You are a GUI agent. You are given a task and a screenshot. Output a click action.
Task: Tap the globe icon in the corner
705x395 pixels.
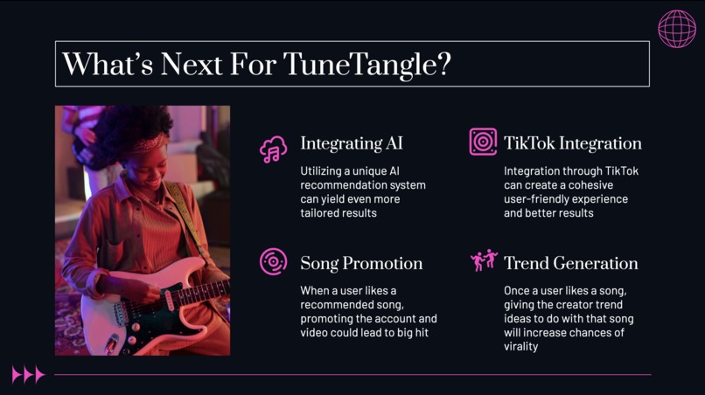tap(677, 29)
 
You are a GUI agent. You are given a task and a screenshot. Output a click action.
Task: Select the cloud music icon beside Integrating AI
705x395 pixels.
tap(274, 149)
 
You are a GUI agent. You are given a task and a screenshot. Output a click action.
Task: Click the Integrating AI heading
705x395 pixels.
tap(352, 143)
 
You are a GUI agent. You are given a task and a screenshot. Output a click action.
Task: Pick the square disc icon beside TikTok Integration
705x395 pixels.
tap(483, 142)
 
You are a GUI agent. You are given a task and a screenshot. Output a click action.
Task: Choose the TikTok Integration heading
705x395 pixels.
tap(572, 143)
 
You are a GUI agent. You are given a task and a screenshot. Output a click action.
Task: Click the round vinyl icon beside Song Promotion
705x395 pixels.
tap(274, 261)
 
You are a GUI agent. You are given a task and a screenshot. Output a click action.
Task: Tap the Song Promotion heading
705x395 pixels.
tap(361, 263)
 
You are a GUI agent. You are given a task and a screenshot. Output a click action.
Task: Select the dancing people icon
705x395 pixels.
tap(484, 260)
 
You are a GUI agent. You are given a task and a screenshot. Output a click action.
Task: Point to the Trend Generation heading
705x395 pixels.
tap(570, 263)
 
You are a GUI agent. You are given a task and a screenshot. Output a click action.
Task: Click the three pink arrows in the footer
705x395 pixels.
tap(28, 375)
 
